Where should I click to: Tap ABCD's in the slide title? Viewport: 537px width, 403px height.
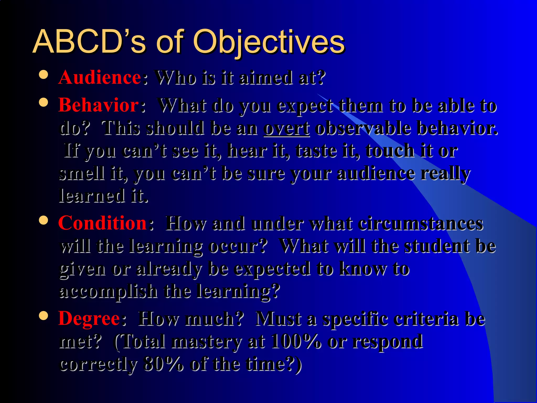coord(89,41)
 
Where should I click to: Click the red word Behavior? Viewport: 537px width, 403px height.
coord(99,105)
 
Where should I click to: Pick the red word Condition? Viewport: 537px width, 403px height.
coord(103,223)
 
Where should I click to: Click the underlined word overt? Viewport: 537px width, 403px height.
coord(287,129)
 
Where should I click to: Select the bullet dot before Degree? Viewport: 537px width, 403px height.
coord(44,315)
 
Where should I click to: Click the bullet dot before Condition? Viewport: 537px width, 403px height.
coord(44,220)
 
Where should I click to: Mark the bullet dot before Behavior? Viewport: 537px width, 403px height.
coord(44,102)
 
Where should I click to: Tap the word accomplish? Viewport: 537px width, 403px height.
coord(109,292)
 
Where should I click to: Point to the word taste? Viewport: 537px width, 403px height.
coord(316,151)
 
